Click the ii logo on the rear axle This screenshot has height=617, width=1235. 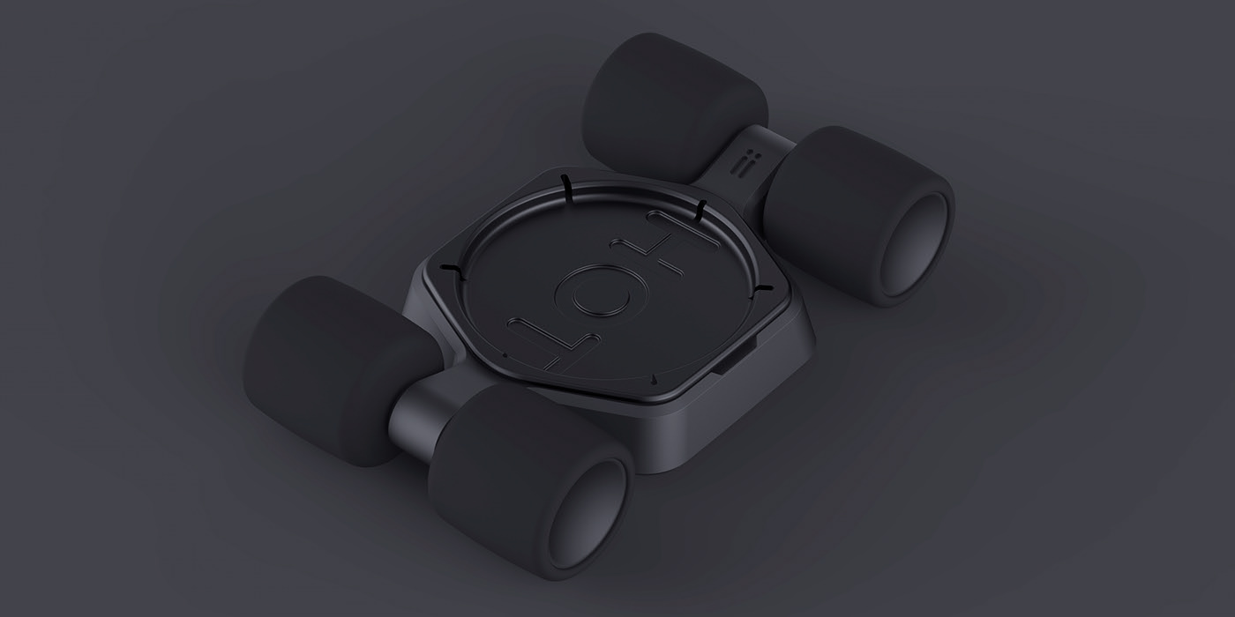[x=739, y=165]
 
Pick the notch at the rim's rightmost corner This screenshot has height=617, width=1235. [x=764, y=286]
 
